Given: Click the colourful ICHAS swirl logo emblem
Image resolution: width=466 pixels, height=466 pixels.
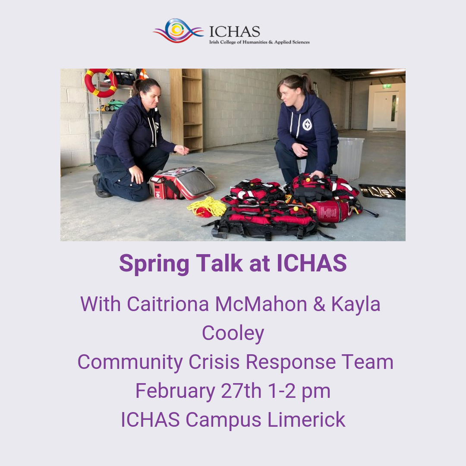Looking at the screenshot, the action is pos(178,31).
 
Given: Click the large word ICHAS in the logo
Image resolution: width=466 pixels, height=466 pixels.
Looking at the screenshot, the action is pos(234,32).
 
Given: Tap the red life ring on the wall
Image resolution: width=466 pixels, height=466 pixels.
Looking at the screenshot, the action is pos(101,83).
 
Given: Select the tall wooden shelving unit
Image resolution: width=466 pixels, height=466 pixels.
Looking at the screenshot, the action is pos(186,110).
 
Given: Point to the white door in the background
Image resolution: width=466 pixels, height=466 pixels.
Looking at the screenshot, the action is pos(386,110).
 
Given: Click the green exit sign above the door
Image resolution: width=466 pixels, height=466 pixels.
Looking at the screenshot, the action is pos(387,86).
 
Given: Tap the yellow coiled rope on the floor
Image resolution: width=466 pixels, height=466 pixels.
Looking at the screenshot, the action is pos(207,207).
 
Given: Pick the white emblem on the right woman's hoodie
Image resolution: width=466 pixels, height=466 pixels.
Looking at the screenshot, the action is pos(307,125).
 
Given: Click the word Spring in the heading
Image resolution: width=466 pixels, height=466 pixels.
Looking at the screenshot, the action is pos(154,264).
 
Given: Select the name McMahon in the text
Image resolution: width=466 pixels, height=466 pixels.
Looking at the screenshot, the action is pos(261,304).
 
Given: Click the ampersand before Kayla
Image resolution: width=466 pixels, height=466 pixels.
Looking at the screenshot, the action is pos(319,304).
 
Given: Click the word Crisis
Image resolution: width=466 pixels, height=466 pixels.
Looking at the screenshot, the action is pos(214,362).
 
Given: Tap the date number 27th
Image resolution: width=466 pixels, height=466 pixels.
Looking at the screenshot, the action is pos(241,391).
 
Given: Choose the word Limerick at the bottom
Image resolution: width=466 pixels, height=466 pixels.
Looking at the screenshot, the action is pos(306,420).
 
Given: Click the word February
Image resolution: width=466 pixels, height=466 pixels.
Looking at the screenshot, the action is pos(175,391).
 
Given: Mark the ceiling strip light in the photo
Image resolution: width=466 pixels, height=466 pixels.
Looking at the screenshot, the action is pos(387,71).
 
